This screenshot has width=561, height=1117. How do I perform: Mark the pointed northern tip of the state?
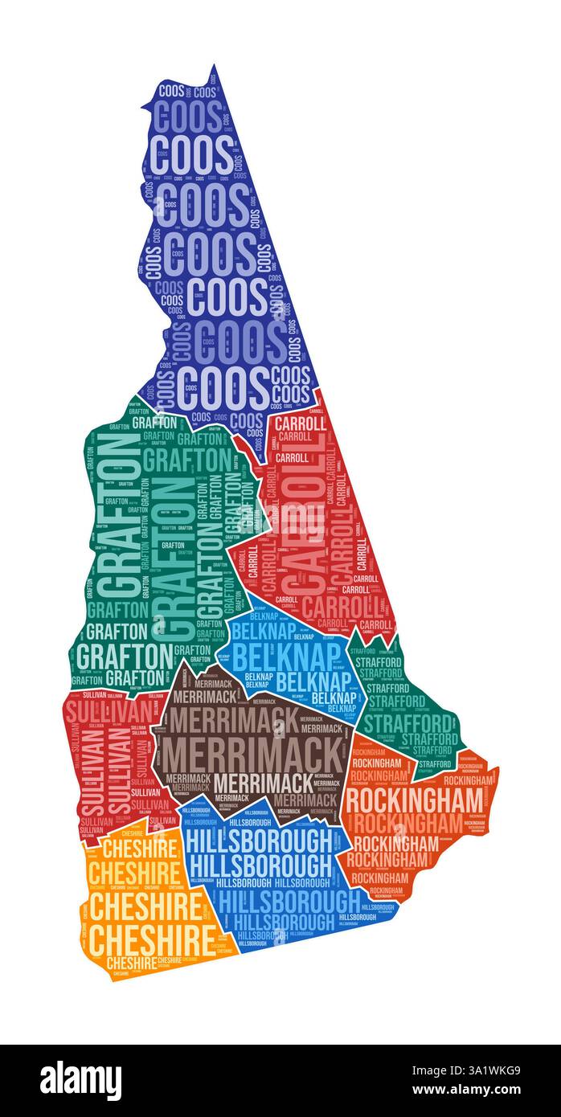tap(214, 68)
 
